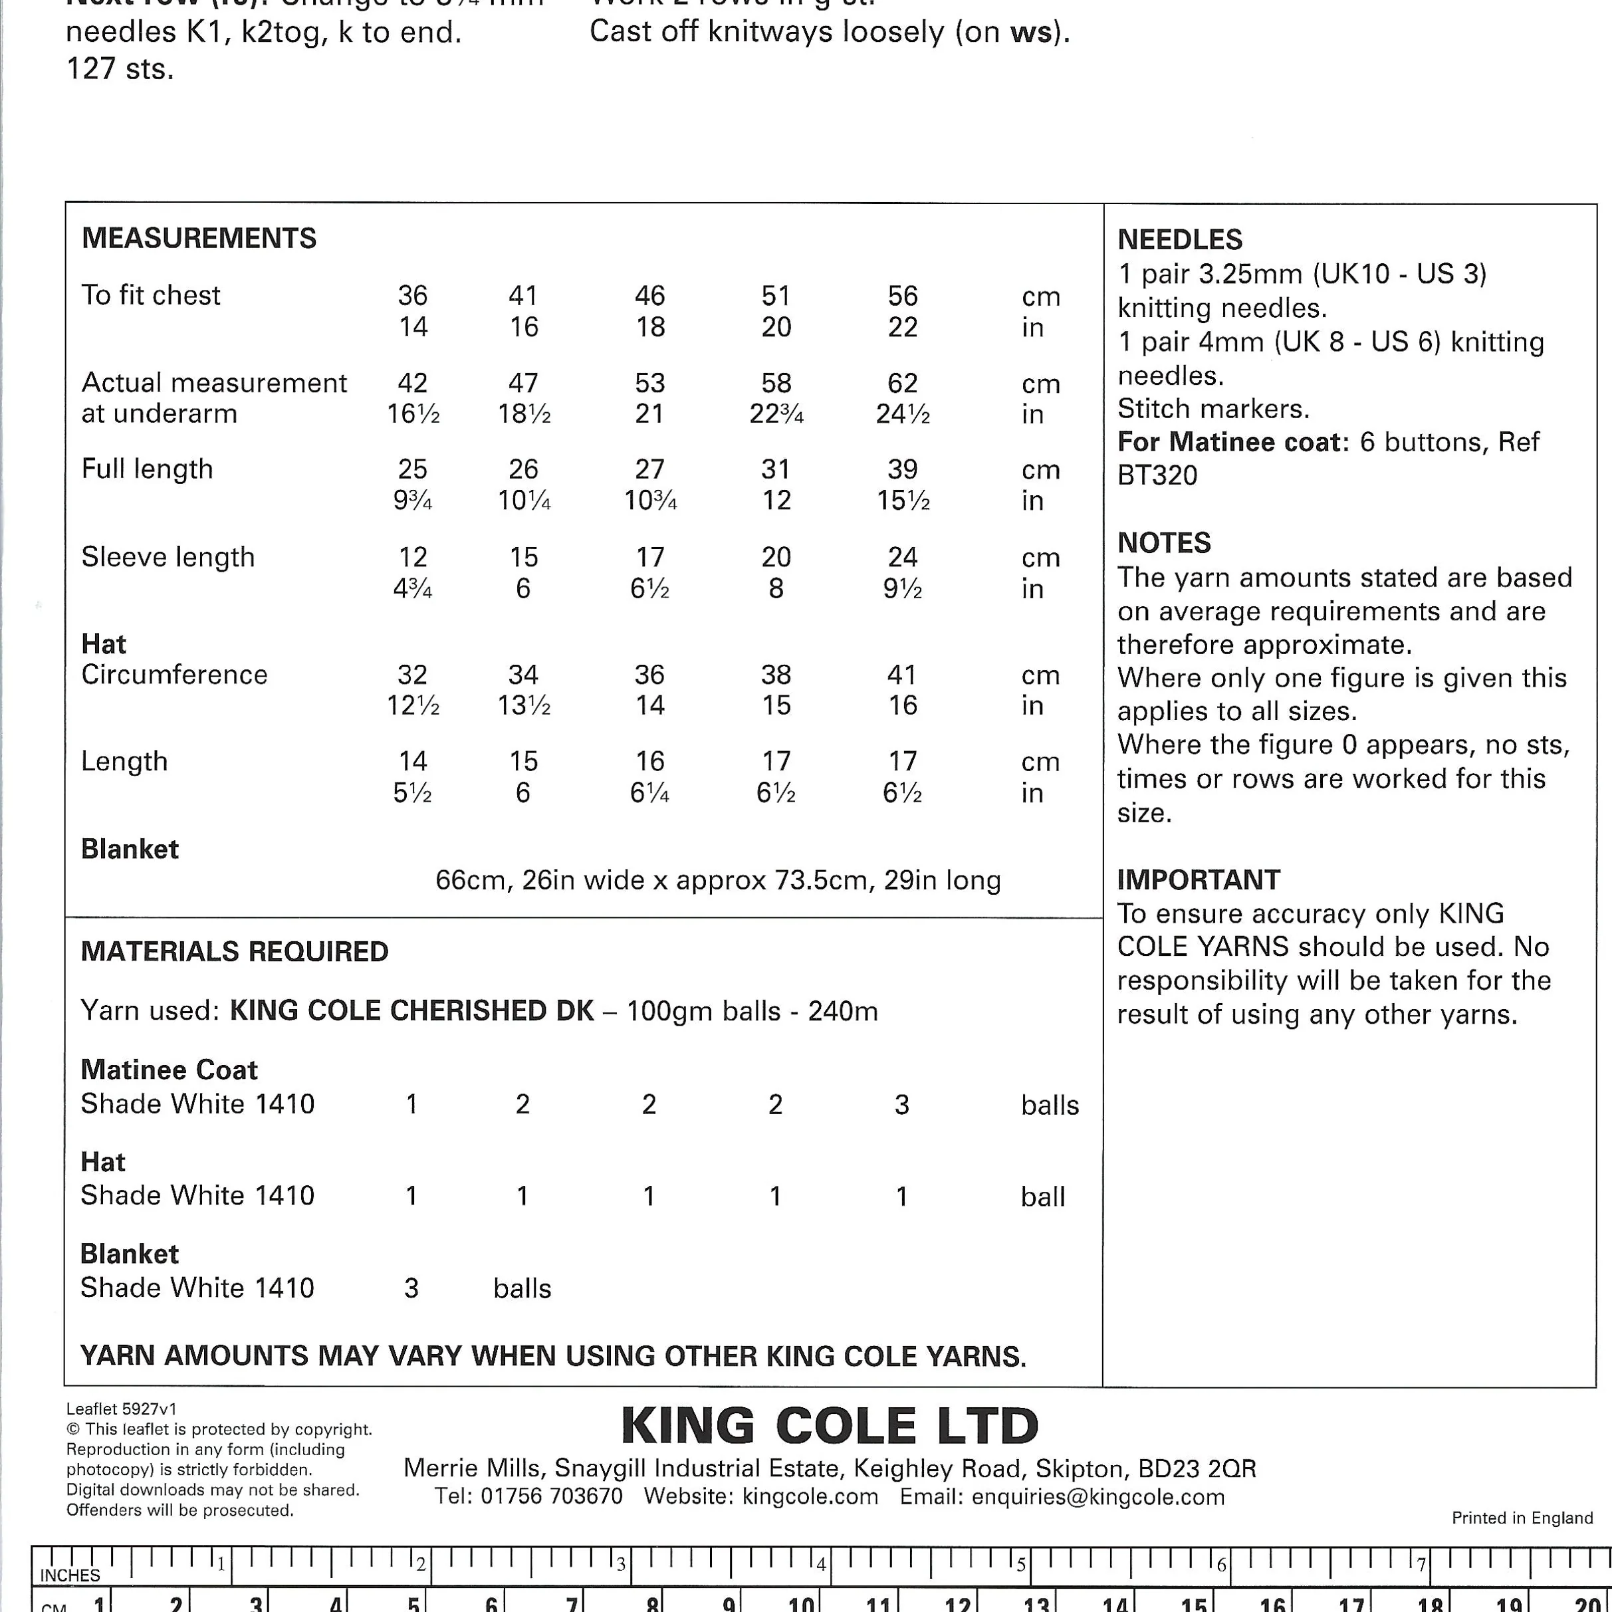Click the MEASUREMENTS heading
tap(199, 239)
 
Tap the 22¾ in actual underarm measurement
tap(776, 414)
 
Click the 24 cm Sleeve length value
tap(902, 556)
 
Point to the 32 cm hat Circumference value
tap(412, 674)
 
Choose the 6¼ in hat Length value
tap(649, 792)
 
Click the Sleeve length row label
tap(168, 556)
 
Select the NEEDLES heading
tap(1180, 240)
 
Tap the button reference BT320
tap(1157, 475)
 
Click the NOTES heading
tap(1164, 543)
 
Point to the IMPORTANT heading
tap(1198, 879)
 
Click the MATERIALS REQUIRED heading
tap(235, 951)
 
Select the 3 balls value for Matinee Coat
tap(901, 1105)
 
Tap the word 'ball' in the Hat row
tap(1042, 1197)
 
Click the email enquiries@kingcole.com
tap(1098, 1497)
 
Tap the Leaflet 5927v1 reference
tap(121, 1409)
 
